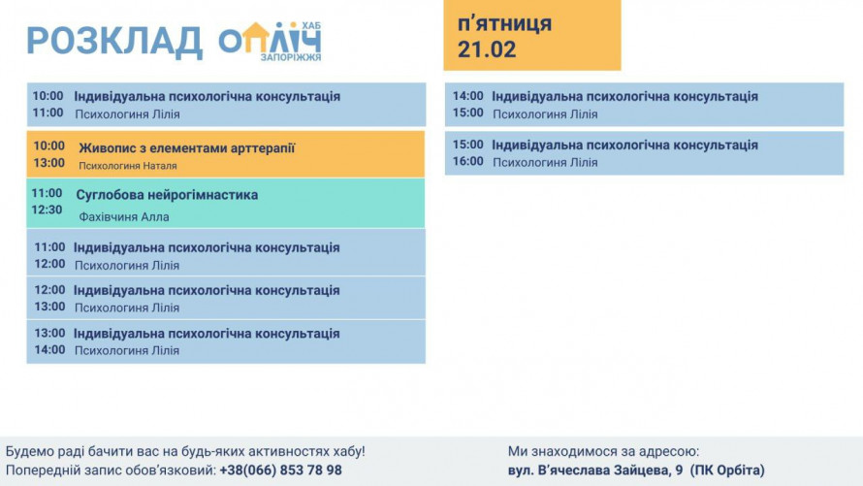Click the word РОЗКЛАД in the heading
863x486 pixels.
click(x=114, y=42)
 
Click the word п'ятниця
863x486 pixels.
click(x=504, y=24)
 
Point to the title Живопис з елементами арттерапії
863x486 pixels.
click(x=187, y=148)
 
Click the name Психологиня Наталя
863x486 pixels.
click(x=128, y=166)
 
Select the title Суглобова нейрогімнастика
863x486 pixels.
click(x=167, y=195)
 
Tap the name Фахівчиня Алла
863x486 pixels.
click(x=124, y=217)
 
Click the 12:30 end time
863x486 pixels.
click(x=47, y=210)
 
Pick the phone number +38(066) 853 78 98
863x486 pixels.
click(x=280, y=470)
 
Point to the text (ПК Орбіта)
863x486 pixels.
click(x=727, y=470)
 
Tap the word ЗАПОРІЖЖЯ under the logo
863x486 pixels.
click(x=291, y=57)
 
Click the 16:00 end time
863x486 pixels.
click(x=467, y=161)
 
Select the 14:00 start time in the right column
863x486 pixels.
click(x=467, y=96)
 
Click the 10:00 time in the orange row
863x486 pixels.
click(x=49, y=146)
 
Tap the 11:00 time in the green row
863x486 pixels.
click(x=47, y=193)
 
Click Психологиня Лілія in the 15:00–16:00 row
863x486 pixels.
click(x=545, y=162)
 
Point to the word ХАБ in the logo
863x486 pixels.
click(x=311, y=26)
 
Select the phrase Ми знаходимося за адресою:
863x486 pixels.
click(x=603, y=452)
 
